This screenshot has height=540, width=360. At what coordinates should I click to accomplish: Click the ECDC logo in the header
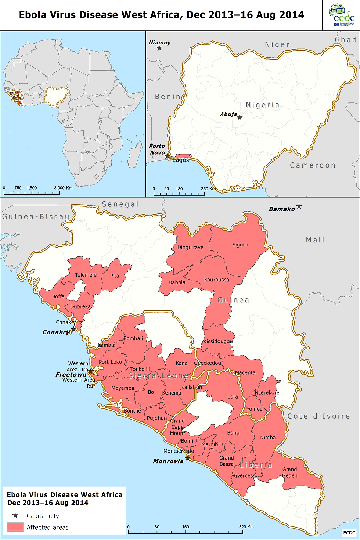(x=341, y=15)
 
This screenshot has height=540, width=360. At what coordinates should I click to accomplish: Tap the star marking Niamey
(x=159, y=48)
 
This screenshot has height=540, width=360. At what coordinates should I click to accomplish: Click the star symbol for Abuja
(x=240, y=118)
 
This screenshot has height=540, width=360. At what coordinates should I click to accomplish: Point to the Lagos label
(x=181, y=160)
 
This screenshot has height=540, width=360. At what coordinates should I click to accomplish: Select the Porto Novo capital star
(x=167, y=156)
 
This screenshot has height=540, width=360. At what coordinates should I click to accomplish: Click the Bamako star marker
(x=299, y=206)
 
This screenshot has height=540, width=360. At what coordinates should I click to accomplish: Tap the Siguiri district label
(x=240, y=245)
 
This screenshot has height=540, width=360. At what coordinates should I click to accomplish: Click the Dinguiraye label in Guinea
(x=190, y=248)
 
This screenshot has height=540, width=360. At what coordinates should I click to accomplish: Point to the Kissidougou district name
(x=218, y=341)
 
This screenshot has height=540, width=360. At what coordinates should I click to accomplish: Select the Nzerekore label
(x=267, y=392)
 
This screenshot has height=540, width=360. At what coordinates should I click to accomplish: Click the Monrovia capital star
(x=187, y=458)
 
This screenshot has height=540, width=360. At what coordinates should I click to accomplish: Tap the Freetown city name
(x=71, y=375)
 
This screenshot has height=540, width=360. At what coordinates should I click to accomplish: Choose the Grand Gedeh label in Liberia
(x=289, y=472)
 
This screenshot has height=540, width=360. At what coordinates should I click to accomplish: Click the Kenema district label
(x=172, y=393)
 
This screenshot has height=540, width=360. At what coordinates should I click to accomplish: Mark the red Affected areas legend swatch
(x=15, y=527)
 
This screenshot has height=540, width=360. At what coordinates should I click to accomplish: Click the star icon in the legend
(x=15, y=516)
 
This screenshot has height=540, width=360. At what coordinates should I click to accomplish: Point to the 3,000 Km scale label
(x=63, y=188)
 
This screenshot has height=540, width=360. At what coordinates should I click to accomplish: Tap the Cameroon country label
(x=313, y=165)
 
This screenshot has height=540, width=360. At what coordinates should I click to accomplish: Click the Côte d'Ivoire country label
(x=318, y=416)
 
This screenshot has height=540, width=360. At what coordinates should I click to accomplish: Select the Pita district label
(x=115, y=276)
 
